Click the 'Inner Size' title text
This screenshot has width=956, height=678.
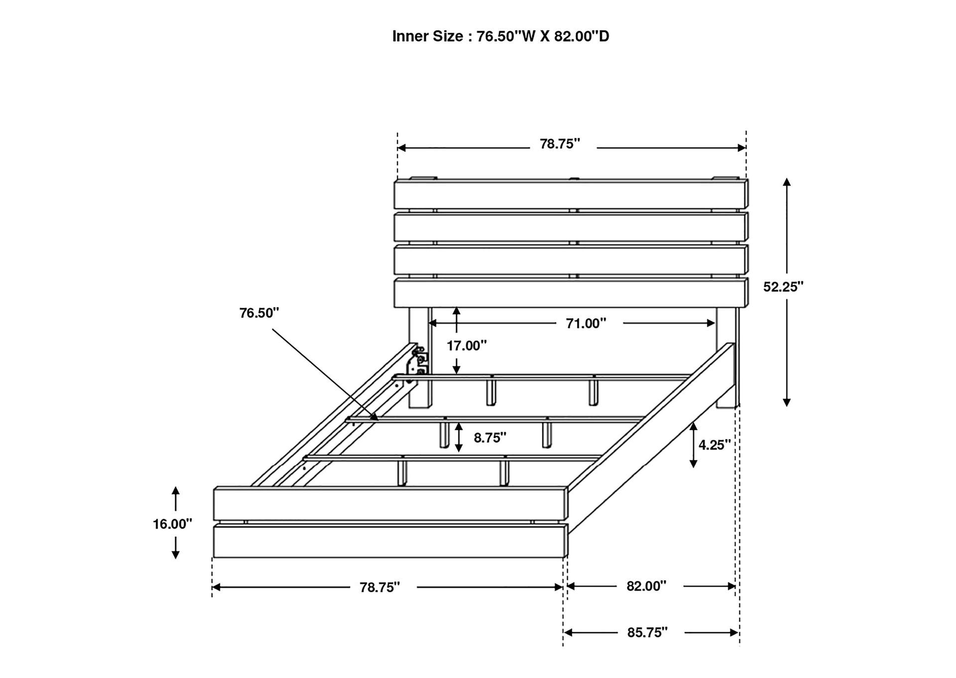click(500, 36)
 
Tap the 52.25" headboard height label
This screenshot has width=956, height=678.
click(783, 287)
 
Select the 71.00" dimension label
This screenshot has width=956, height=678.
click(586, 324)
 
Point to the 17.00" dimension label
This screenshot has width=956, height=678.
click(467, 346)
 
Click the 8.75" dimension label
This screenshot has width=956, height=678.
click(490, 438)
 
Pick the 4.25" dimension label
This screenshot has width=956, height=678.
click(715, 445)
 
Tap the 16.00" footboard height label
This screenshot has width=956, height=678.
click(172, 524)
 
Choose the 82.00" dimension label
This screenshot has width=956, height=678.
click(646, 586)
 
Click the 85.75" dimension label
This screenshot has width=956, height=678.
click(647, 633)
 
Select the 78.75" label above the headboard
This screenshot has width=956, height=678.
click(560, 144)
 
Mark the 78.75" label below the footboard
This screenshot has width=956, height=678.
click(380, 588)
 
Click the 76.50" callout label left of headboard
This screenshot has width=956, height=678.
click(259, 313)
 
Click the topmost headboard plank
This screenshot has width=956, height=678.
click(570, 195)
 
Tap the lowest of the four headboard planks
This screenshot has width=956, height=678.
click(570, 293)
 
